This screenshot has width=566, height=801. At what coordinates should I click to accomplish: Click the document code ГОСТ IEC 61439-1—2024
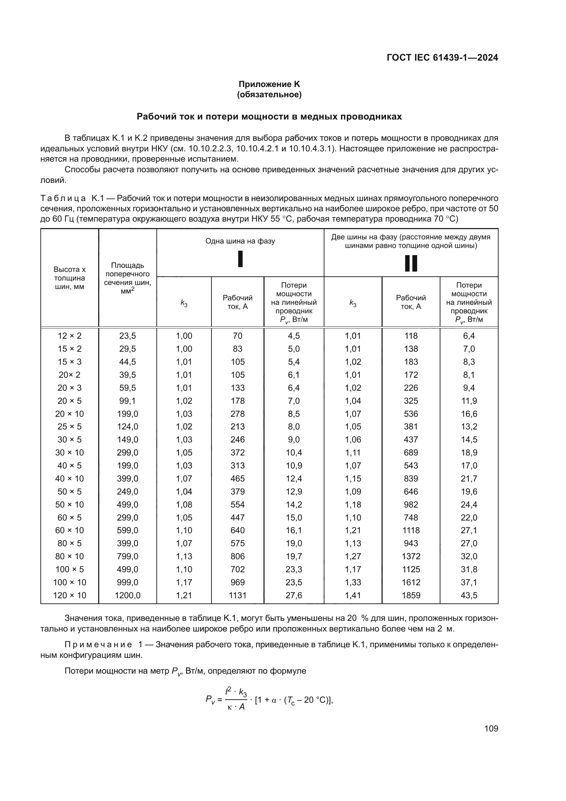point(442,58)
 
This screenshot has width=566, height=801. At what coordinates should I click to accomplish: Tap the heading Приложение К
point(269,84)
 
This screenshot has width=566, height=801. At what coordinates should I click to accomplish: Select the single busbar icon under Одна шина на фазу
point(240,259)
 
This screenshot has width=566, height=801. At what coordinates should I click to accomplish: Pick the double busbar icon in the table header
point(411,263)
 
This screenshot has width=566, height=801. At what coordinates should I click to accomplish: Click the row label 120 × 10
point(69,595)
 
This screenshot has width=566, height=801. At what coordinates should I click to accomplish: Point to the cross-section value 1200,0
point(128,595)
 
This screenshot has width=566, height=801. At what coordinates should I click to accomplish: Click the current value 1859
point(411,595)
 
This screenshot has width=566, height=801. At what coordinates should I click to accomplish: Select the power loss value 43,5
point(469,595)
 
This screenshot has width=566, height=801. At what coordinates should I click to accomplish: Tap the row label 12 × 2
point(69,336)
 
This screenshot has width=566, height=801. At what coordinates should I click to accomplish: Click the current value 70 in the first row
point(237,336)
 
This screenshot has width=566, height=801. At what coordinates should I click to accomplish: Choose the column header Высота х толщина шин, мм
point(69,278)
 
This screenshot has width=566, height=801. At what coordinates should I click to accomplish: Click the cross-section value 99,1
point(128,401)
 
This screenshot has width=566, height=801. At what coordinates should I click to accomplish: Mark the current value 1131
point(237,595)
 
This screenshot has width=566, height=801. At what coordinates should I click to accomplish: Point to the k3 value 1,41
point(353,595)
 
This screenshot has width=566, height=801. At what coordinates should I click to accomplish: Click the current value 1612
point(411,582)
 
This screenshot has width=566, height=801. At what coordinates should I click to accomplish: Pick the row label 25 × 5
point(69,427)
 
